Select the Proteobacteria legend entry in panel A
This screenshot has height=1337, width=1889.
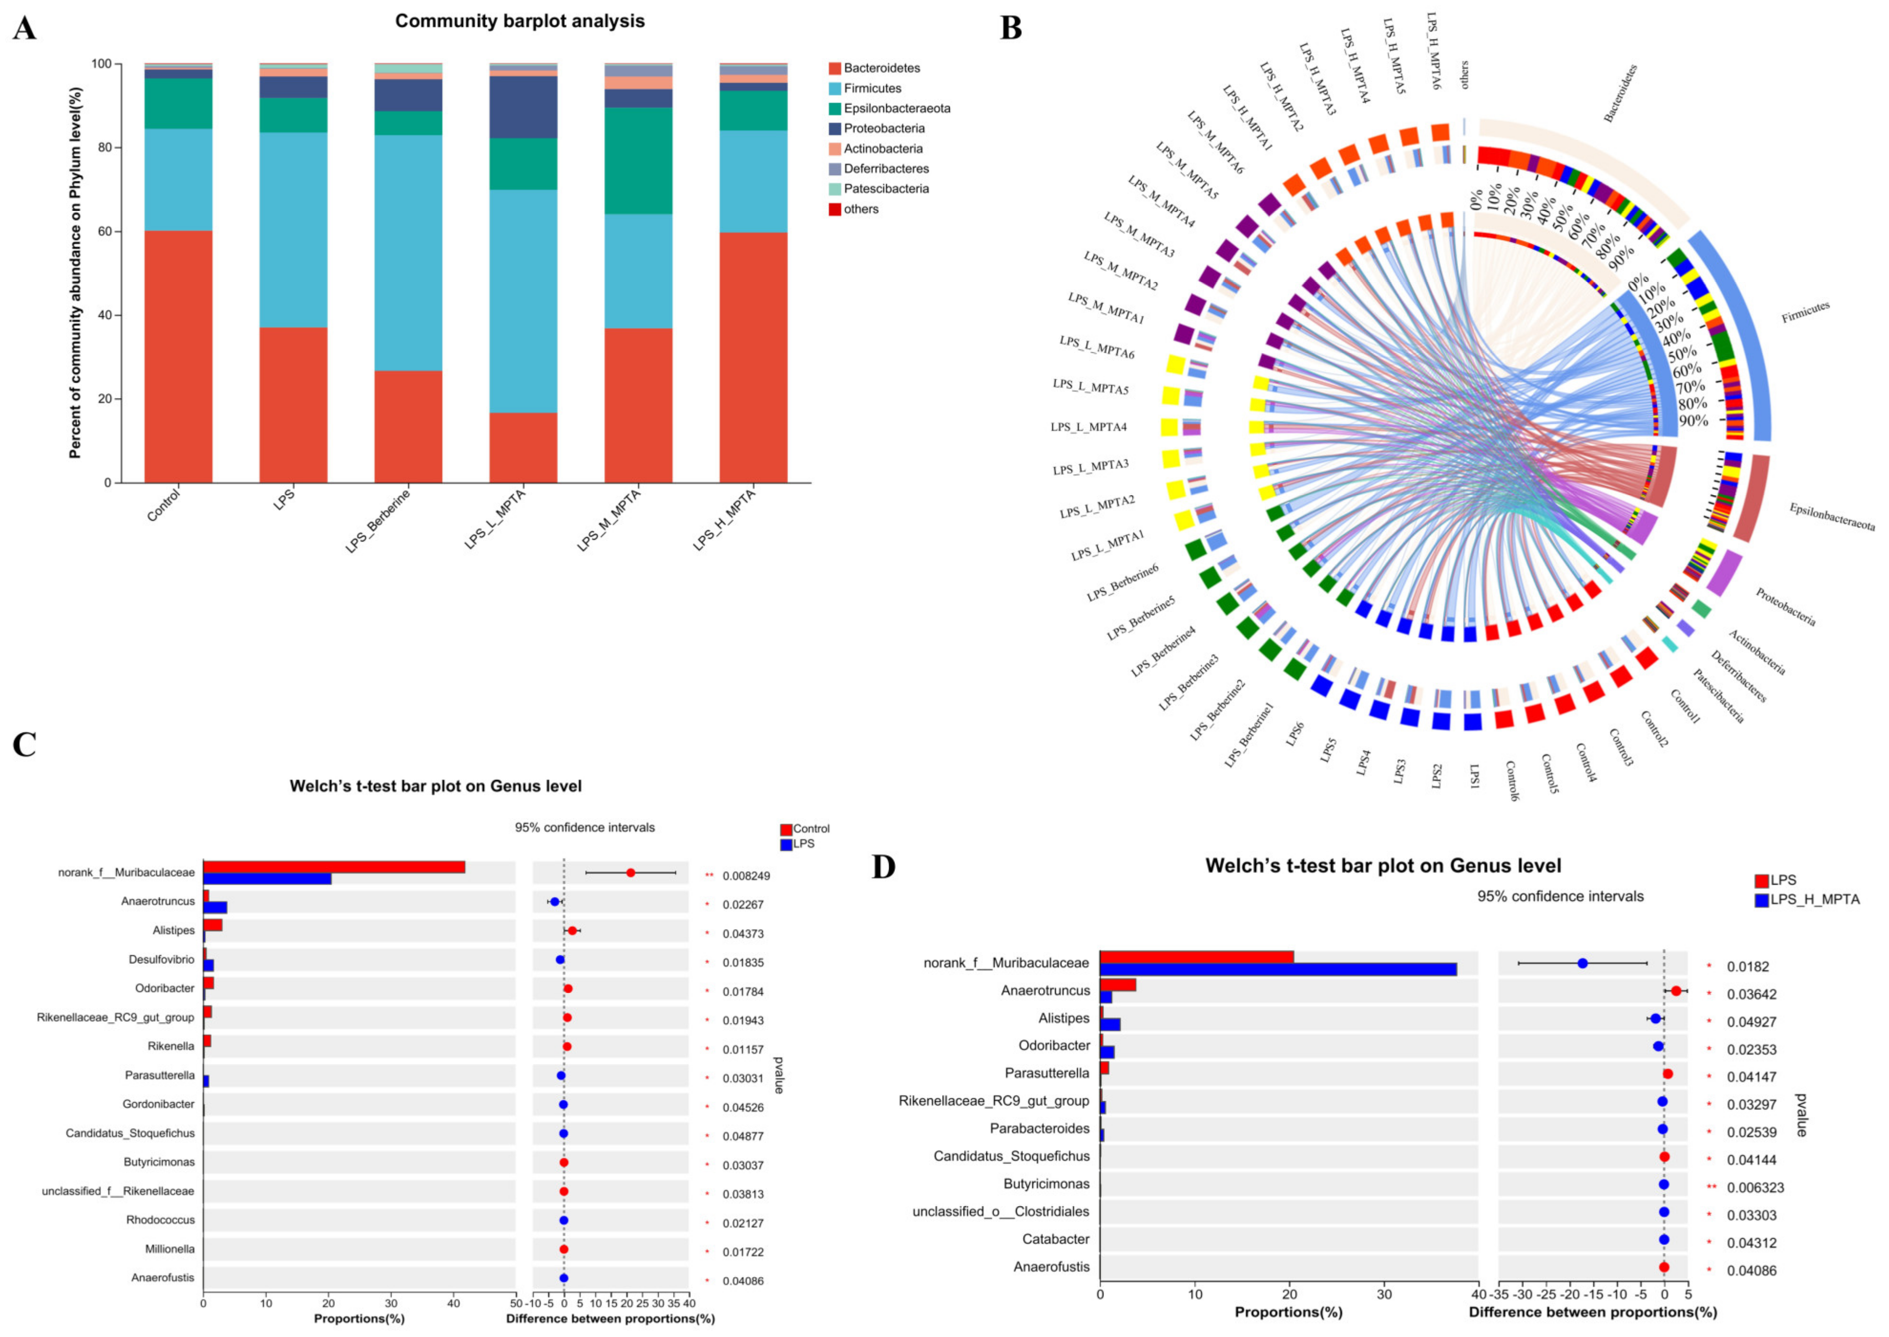point(883,128)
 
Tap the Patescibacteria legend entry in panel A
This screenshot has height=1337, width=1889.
point(886,188)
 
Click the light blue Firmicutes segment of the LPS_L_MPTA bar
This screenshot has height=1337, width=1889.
point(523,301)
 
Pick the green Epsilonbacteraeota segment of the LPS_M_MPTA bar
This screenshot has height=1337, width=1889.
point(638,160)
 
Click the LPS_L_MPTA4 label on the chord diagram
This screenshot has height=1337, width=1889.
point(1088,427)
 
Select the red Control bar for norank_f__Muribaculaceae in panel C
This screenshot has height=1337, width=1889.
point(333,867)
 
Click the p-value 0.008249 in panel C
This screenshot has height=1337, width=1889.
point(746,876)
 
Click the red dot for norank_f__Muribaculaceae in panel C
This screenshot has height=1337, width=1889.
point(631,873)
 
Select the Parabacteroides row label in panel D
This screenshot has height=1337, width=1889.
point(1039,1128)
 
